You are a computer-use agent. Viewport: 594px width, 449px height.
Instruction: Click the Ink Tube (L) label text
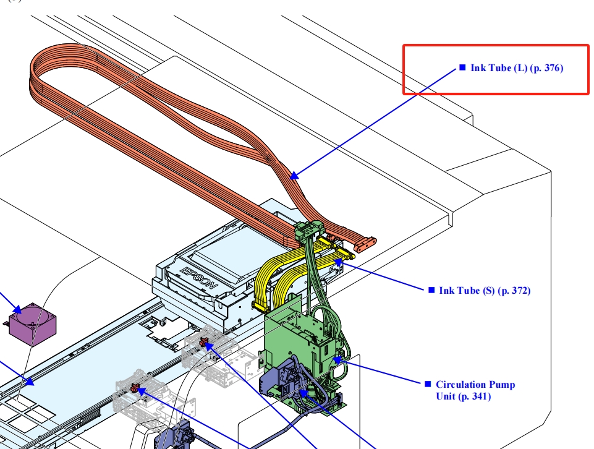click(517, 68)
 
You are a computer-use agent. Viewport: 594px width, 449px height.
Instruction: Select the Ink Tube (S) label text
click(485, 291)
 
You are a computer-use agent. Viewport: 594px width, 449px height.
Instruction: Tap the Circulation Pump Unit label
click(475, 390)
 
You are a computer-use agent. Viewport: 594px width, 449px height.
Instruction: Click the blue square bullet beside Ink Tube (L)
click(462, 67)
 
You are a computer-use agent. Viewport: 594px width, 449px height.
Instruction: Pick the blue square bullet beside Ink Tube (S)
click(431, 290)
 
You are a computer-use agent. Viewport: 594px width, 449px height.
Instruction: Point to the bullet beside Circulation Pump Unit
click(428, 384)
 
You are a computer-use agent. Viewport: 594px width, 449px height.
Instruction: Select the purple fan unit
click(33, 324)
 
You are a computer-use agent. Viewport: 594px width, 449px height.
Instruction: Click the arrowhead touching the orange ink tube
click(294, 176)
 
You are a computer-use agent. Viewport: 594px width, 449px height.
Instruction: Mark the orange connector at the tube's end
click(365, 244)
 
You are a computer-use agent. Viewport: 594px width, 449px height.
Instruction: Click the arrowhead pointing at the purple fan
click(17, 309)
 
